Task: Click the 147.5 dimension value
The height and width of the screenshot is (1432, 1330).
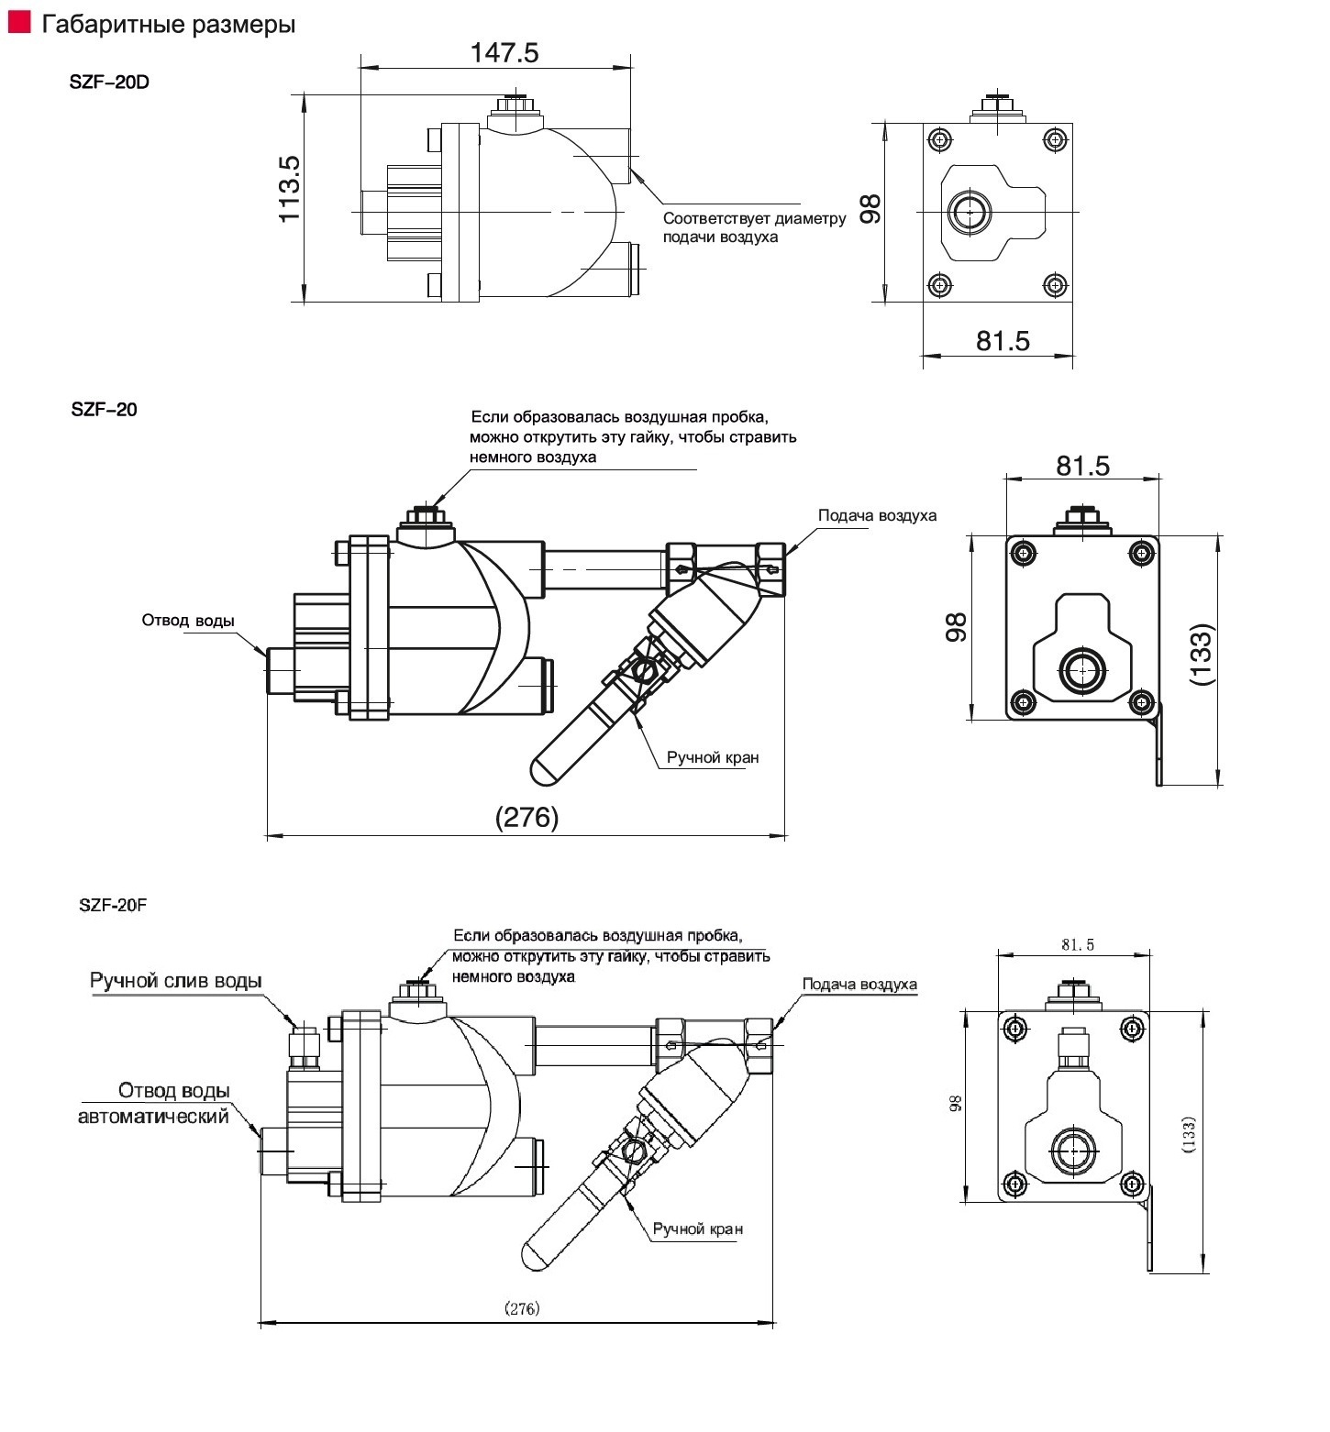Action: [504, 52]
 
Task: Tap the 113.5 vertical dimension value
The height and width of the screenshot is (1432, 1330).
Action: [290, 188]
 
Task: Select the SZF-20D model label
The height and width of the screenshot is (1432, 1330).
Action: [109, 82]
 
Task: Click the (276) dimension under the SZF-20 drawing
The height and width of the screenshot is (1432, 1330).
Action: [526, 817]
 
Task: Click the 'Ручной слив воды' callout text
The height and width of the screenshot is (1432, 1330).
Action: [176, 981]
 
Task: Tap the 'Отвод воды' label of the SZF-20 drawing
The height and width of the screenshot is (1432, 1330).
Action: [188, 621]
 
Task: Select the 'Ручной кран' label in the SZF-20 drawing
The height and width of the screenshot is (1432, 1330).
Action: [713, 757]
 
